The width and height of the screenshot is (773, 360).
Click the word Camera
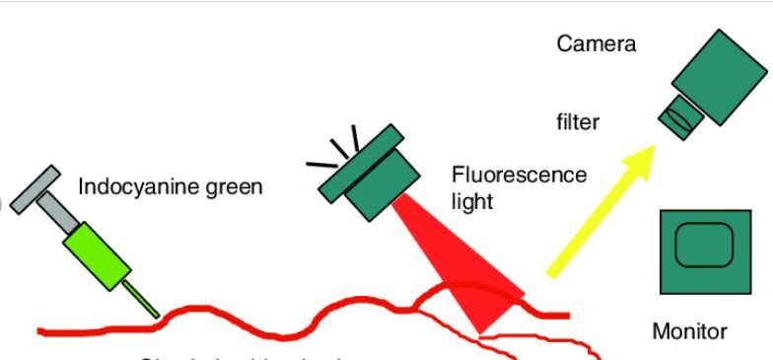pos(597,43)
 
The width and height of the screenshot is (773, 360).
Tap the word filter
pos(577,123)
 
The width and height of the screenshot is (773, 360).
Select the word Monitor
pos(689,331)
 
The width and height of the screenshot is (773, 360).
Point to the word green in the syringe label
pos(234,186)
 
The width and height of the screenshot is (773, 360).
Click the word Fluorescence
pos(519,176)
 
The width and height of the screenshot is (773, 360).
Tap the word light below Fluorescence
pos(471,201)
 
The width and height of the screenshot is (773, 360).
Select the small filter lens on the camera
pos(680,115)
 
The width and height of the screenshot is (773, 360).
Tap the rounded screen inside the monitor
pos(704,245)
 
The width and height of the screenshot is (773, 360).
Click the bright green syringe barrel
pos(97,255)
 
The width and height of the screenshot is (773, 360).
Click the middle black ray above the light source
pos(339,149)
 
